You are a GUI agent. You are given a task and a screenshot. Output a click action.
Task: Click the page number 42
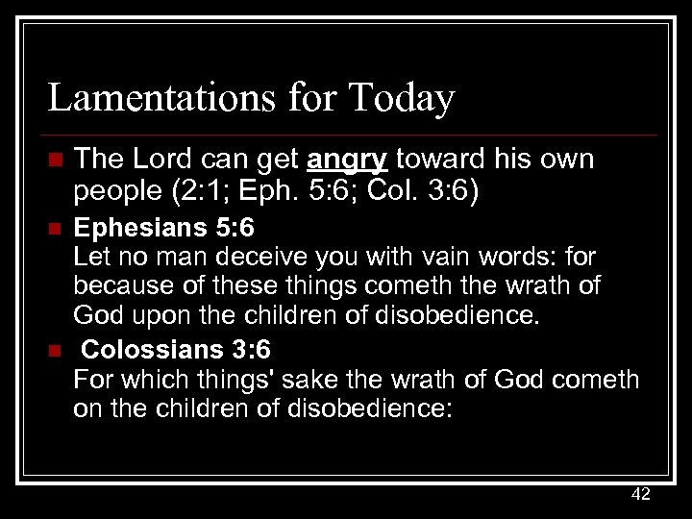(640, 494)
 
